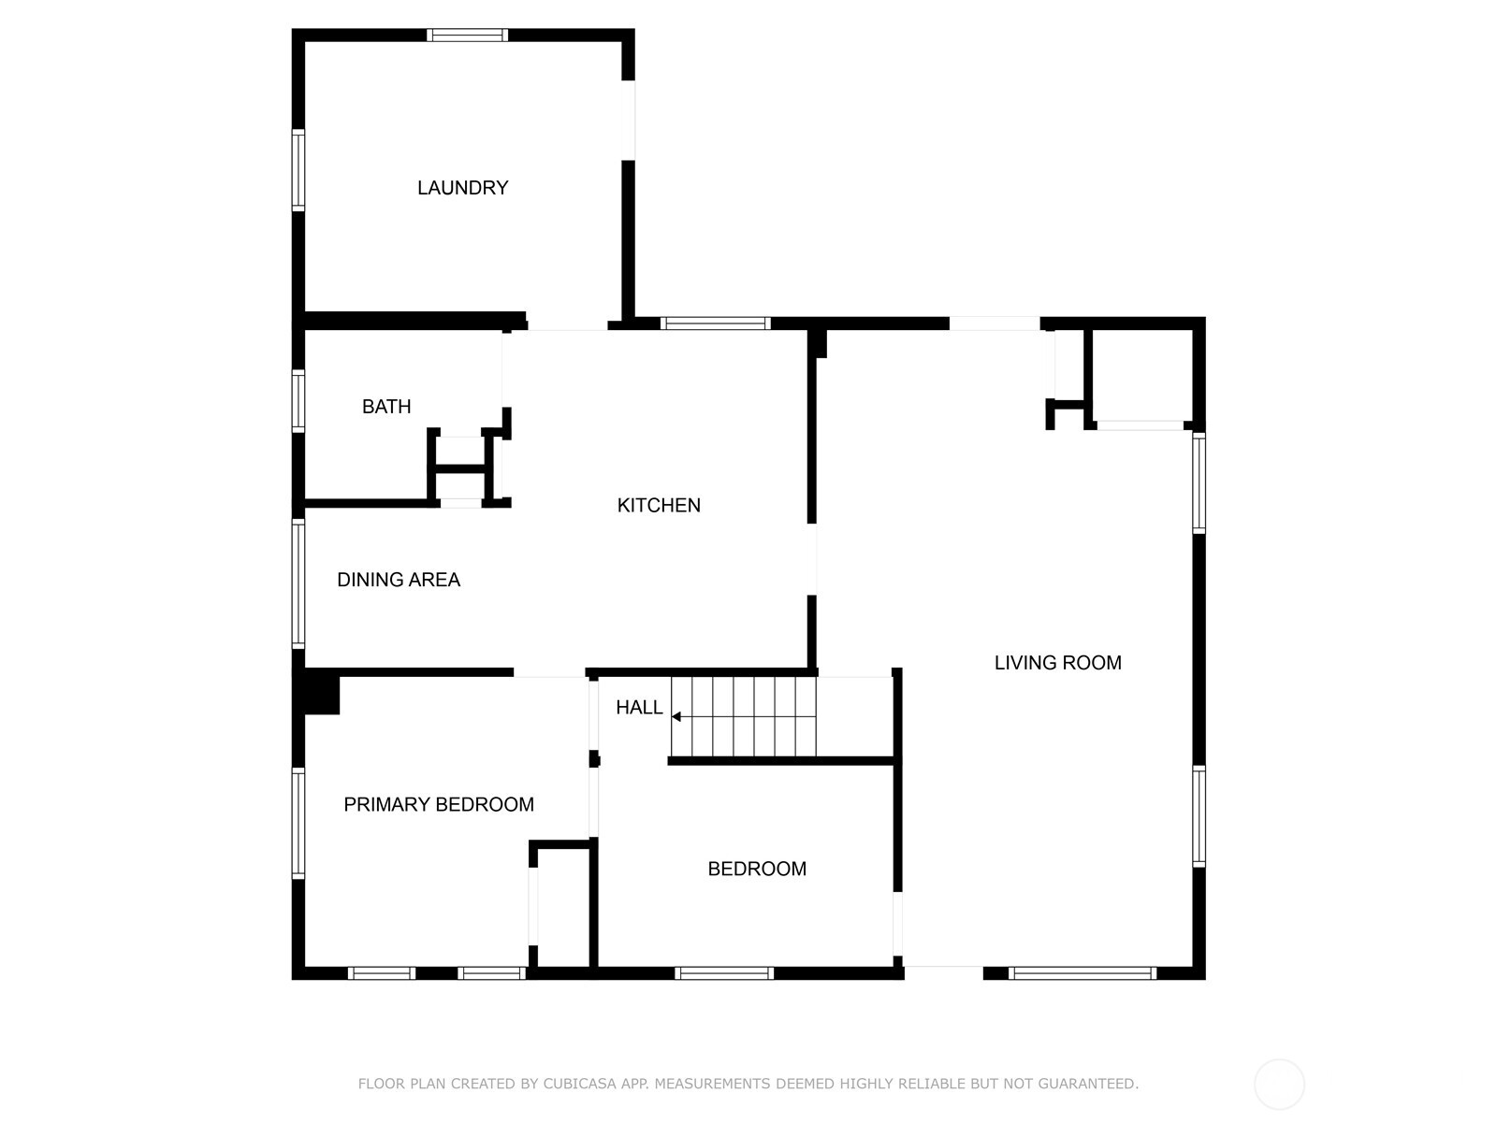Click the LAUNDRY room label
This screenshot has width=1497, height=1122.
click(x=462, y=188)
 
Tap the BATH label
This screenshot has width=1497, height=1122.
click(x=386, y=407)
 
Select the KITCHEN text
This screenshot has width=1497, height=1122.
click(x=659, y=506)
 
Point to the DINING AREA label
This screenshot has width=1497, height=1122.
click(x=399, y=580)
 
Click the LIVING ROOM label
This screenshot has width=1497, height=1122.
click(x=1057, y=663)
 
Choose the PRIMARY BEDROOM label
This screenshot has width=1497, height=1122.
click(x=439, y=804)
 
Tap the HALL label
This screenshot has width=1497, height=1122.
click(x=639, y=708)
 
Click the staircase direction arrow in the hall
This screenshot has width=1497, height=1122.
click(x=676, y=717)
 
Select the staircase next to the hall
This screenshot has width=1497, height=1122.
click(x=744, y=717)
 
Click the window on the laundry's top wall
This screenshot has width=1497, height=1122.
click(x=468, y=36)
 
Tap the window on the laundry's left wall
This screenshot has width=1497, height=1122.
click(x=298, y=169)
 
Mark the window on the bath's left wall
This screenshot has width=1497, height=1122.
click(x=298, y=400)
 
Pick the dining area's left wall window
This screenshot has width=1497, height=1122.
click(x=298, y=583)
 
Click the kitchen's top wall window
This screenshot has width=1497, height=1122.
click(x=716, y=324)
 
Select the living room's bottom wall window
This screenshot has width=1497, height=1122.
click(x=1083, y=973)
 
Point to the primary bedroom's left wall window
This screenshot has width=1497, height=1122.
click(x=298, y=823)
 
